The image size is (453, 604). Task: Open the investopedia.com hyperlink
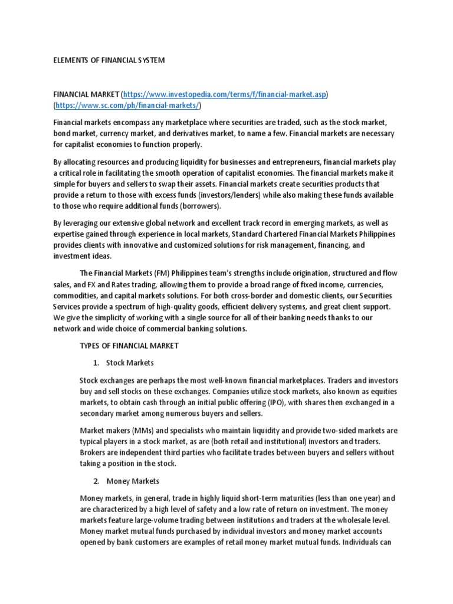(225, 94)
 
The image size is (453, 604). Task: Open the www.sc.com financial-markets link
(127, 106)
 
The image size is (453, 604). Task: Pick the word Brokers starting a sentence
(93, 453)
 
